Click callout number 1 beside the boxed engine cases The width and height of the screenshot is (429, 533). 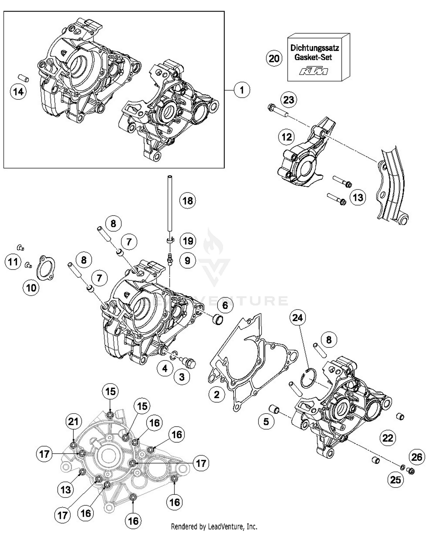coord(242,90)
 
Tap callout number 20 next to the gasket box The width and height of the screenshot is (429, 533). coord(274,59)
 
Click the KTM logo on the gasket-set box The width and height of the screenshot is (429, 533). coord(313,71)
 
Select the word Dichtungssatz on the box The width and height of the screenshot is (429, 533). coord(315,48)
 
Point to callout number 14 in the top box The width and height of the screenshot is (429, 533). coord(18,92)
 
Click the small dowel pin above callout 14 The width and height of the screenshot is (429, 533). coord(22,77)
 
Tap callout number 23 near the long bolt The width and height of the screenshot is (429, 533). coord(289,100)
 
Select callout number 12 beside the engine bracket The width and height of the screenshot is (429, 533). coord(287,137)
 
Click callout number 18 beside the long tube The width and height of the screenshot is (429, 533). coord(188,201)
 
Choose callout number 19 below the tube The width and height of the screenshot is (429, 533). coord(188,241)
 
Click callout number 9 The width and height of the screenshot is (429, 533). coord(187,261)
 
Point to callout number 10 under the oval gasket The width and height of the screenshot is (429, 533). coord(31,288)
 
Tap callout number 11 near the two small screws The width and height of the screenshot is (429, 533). coord(13,261)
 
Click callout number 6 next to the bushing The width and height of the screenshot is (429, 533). coord(225,305)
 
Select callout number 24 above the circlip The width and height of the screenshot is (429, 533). coord(297,318)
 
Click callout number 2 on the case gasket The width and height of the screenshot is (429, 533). coord(217,395)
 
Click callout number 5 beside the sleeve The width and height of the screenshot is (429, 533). coord(266,421)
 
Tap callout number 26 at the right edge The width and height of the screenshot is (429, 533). coord(416,457)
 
